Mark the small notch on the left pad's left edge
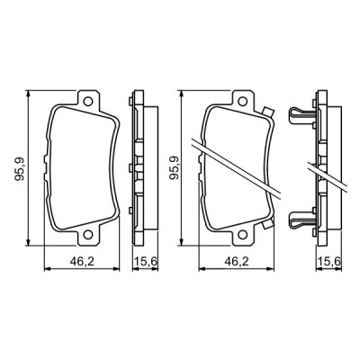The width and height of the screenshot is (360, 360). (46, 167)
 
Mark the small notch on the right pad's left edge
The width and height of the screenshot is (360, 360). (199, 167)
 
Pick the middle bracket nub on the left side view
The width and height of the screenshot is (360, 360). (132, 167)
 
